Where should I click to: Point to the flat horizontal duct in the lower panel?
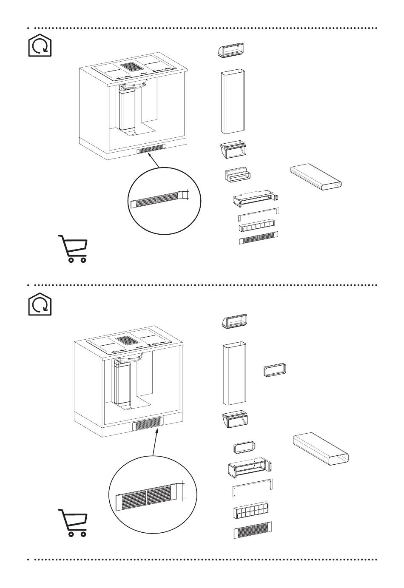click(x=321, y=449)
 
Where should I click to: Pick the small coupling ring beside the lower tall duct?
click(x=275, y=370)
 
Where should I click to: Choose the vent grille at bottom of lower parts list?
click(x=253, y=529)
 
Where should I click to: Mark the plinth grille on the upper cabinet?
click(x=152, y=149)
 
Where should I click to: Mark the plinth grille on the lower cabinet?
click(x=148, y=423)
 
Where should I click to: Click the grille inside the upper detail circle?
click(x=157, y=199)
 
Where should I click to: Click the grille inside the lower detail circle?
click(x=147, y=497)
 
